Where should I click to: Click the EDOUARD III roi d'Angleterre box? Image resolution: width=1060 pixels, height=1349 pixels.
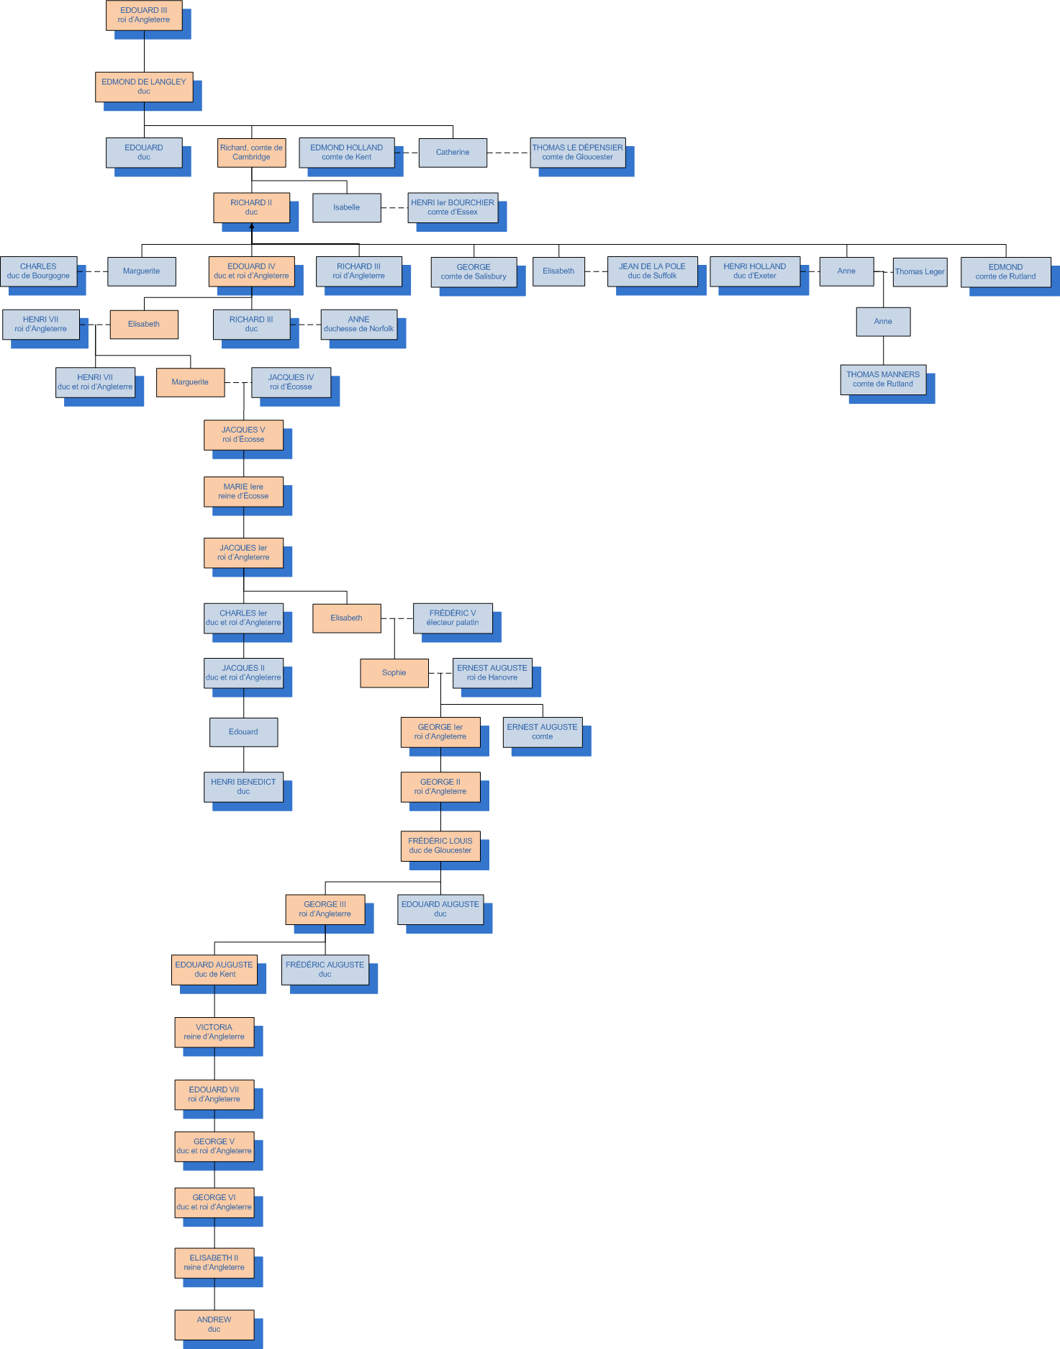144,15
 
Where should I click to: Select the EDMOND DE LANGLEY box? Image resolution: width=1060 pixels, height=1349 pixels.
144,86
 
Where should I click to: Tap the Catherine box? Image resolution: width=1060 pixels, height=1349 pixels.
453,153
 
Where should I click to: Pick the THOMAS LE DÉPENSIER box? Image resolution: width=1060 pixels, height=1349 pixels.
577,153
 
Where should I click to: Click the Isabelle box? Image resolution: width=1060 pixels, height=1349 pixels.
346,207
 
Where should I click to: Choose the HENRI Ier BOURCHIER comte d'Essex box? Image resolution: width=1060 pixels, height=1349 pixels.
453,207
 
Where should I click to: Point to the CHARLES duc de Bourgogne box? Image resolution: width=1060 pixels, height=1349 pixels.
38,271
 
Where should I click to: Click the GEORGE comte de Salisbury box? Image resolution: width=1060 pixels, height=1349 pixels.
474,272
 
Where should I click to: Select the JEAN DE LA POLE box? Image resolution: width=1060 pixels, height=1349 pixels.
652,271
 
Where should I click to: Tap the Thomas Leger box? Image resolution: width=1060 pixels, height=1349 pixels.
920,272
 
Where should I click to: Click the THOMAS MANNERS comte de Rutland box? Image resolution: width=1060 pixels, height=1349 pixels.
883,379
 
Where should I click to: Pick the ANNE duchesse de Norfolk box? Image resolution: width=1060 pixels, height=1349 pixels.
358,325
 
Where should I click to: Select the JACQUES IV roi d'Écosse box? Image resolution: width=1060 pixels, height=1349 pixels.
291,382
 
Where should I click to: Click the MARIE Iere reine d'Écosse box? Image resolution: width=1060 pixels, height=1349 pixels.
243,492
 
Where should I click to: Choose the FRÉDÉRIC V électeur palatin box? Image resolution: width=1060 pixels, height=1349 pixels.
453,618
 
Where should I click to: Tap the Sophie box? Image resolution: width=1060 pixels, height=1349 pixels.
394,673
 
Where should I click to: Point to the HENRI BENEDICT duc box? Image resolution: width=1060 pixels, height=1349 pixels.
243,787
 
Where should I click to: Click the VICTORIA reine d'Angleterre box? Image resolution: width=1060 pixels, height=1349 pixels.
214,1032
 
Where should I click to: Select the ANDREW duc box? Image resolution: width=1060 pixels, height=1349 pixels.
214,1325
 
